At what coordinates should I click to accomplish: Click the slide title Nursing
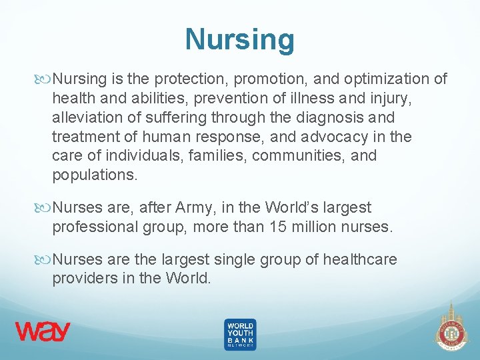239,39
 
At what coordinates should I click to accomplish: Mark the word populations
95,175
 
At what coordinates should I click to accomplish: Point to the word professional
96,227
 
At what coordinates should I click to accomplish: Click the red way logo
43,331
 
